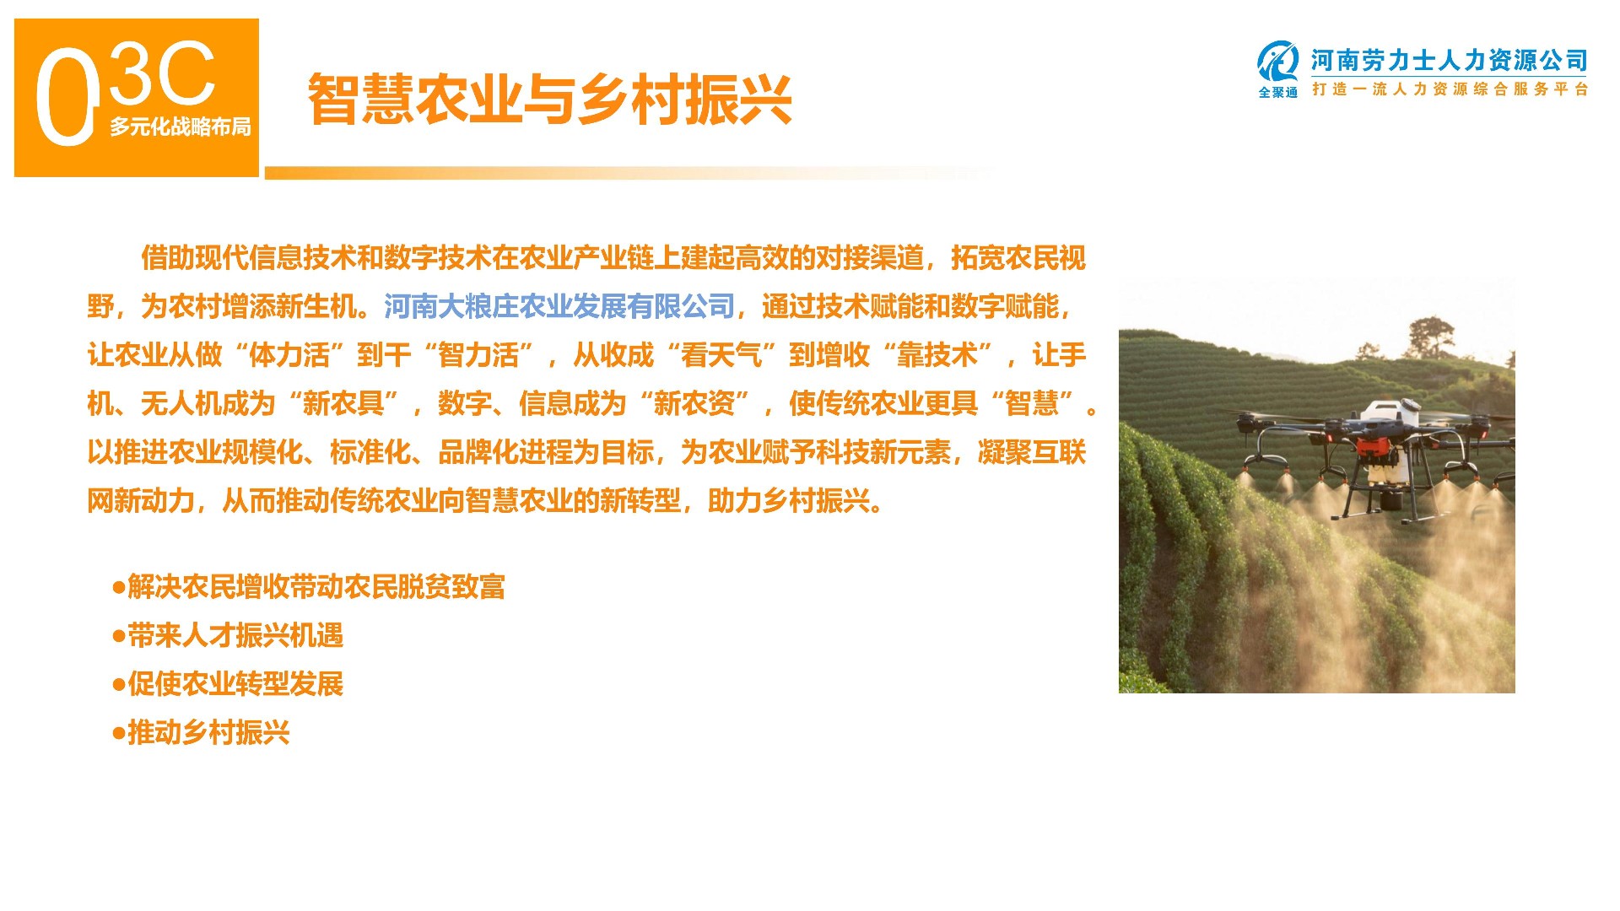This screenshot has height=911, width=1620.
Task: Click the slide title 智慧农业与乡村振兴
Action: point(549,100)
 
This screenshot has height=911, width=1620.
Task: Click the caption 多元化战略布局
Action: point(180,127)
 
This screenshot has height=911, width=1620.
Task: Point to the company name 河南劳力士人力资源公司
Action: point(1449,61)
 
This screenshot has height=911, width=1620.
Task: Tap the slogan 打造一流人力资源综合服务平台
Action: point(1450,89)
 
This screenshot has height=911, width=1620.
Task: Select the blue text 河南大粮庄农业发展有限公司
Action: point(559,306)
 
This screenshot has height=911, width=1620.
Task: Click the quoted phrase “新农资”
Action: point(694,404)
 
